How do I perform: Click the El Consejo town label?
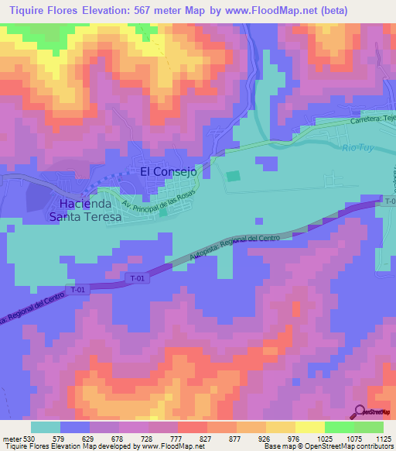pyautogui.click(x=169, y=171)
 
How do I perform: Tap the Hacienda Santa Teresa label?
pyautogui.click(x=85, y=210)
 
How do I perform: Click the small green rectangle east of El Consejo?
pyautogui.click(x=233, y=176)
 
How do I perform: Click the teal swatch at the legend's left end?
pyautogui.click(x=46, y=427)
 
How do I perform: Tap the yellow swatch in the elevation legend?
pyautogui.click(x=310, y=427)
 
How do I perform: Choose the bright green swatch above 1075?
pyautogui.click(x=340, y=427)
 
